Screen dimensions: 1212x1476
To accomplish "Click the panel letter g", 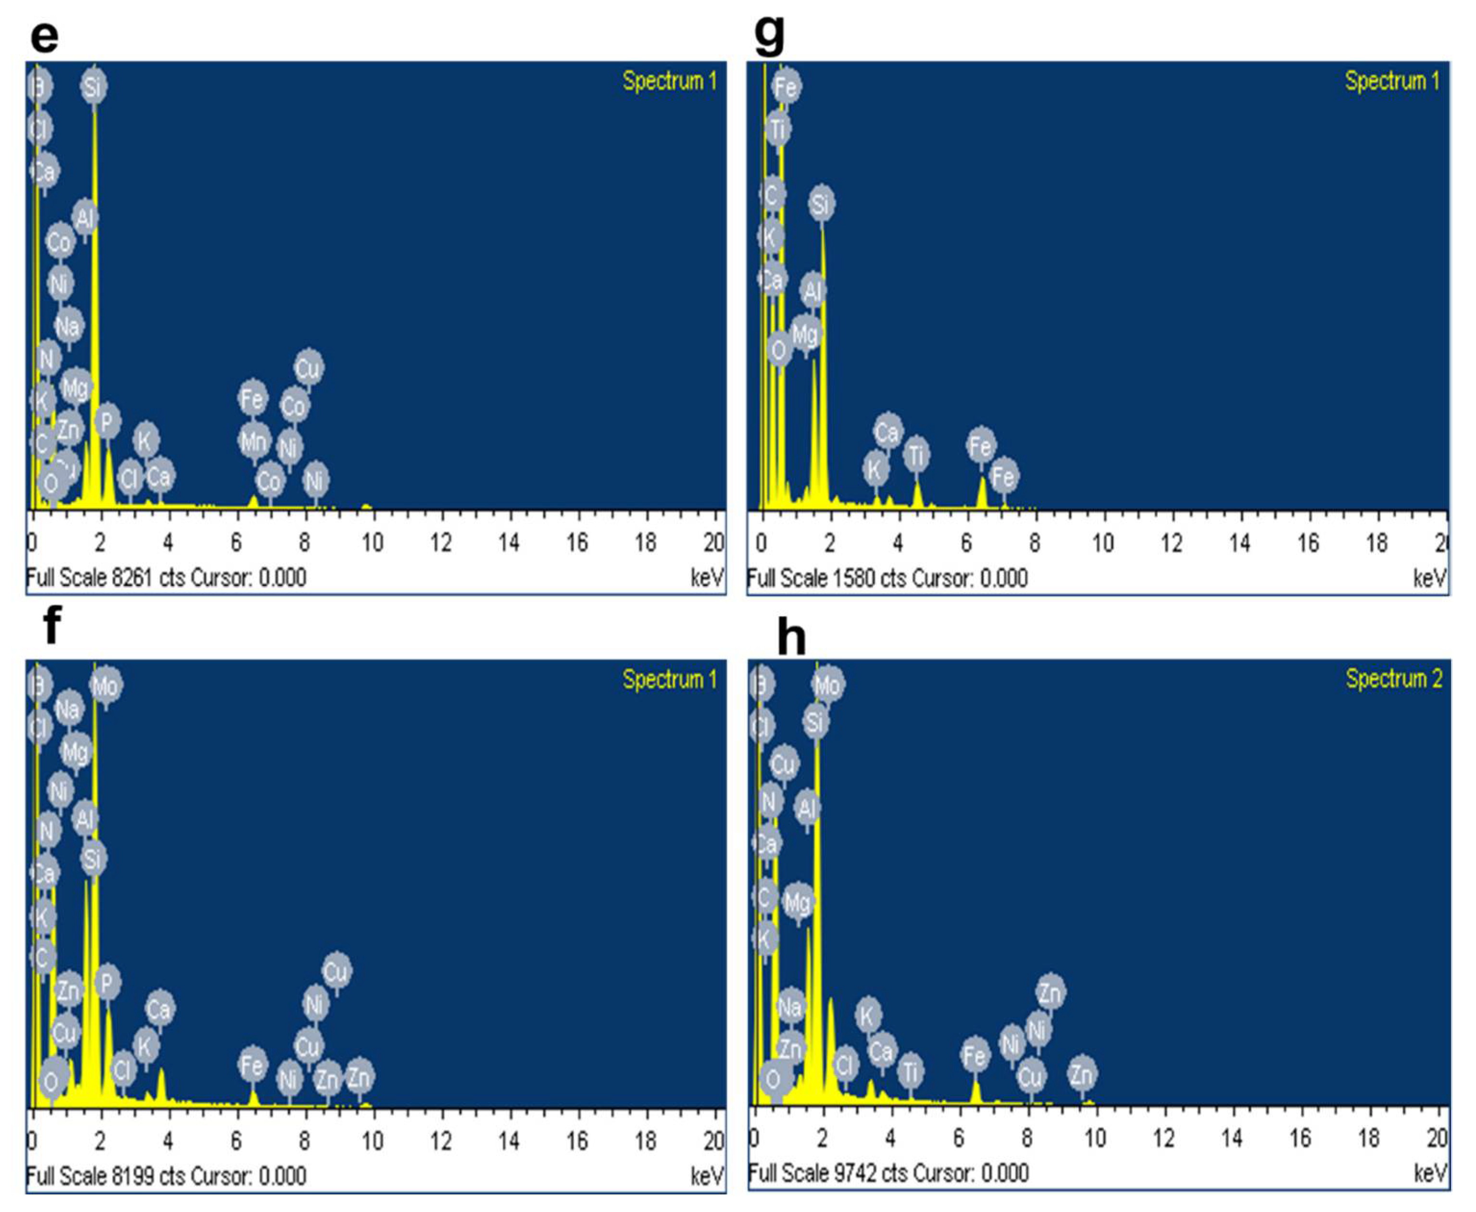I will [x=769, y=35].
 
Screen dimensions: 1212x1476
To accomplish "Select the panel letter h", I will [x=791, y=637].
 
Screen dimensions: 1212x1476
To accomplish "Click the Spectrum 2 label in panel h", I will [x=1394, y=679].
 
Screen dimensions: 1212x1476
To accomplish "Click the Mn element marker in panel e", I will [x=253, y=441].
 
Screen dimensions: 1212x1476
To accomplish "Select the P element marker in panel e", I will [x=107, y=421].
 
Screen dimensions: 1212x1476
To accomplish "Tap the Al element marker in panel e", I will [x=85, y=218].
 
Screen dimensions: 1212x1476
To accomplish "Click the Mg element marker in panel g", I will [x=805, y=334].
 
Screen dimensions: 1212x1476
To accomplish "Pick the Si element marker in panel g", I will [x=821, y=204].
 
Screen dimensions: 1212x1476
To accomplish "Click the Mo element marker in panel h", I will [x=828, y=685].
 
